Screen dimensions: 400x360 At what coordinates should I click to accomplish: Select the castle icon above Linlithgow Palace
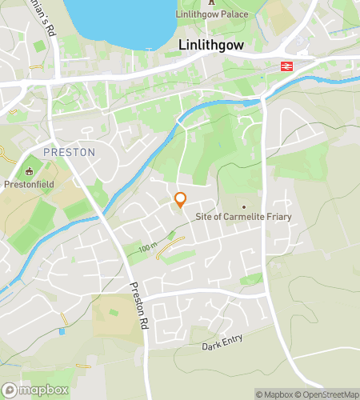click(211, 2)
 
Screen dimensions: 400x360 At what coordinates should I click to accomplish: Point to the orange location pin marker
click(181, 200)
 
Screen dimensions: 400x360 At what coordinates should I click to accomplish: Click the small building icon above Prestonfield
click(30, 170)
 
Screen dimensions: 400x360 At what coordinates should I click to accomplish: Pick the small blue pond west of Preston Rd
click(62, 331)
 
